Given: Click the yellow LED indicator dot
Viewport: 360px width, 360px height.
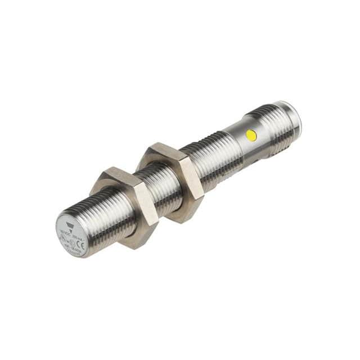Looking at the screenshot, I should pos(251,135).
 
